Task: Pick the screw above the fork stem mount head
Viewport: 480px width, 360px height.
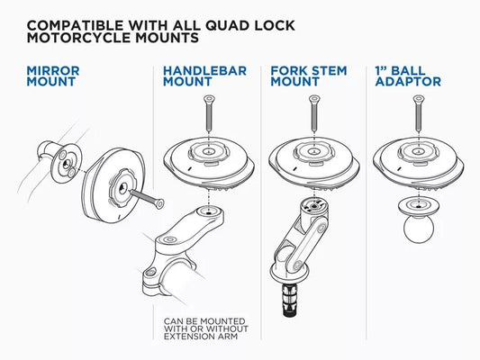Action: coord(312,112)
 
